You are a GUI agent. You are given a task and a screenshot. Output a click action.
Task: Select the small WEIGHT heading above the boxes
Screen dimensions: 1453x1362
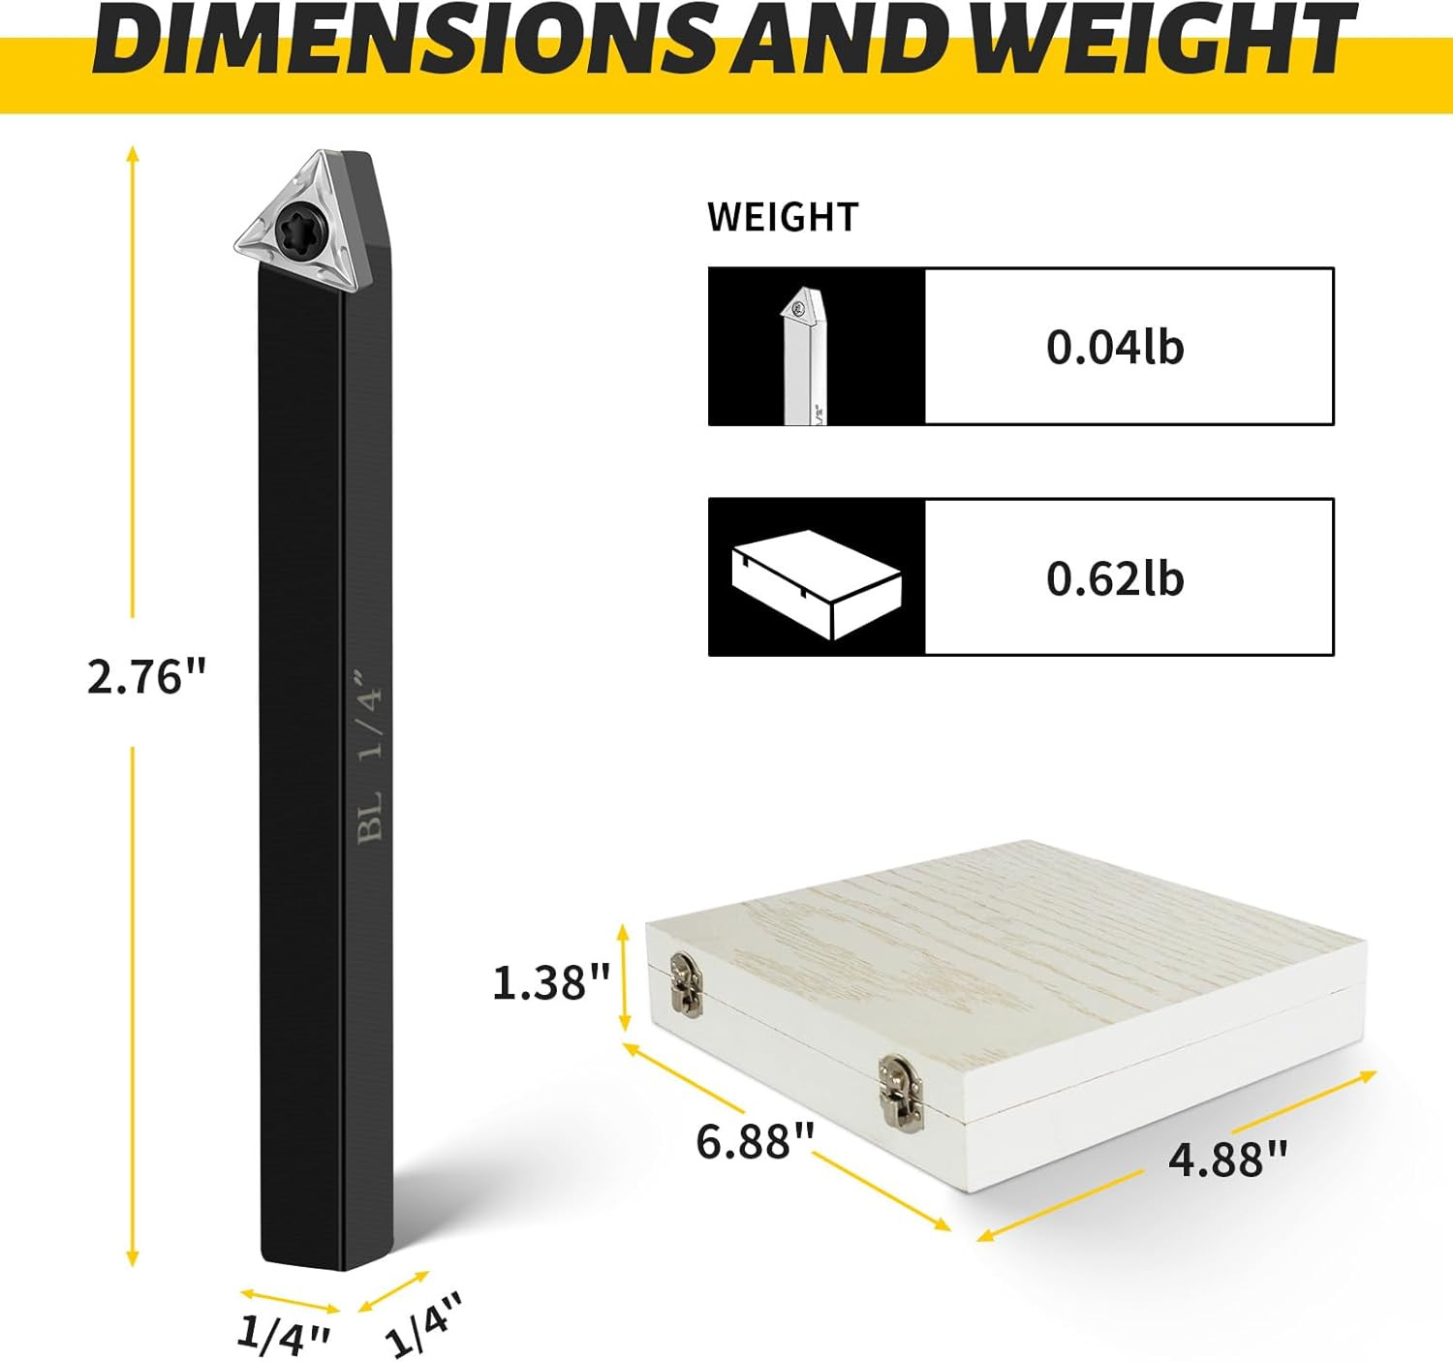tap(783, 217)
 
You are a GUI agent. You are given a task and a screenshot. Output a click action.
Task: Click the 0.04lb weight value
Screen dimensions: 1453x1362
tap(1115, 347)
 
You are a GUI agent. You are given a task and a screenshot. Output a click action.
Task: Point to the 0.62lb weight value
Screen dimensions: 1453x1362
tap(1115, 579)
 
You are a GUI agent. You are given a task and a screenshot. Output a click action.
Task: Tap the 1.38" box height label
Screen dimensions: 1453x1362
tap(551, 982)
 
